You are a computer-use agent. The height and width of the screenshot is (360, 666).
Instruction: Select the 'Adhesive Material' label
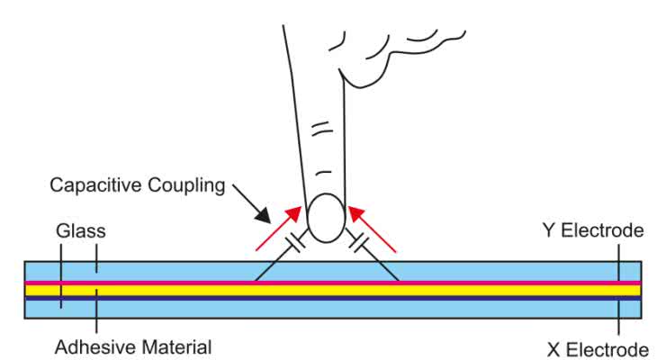pos(133,346)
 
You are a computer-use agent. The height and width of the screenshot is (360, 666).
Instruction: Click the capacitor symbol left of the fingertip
pos(295,243)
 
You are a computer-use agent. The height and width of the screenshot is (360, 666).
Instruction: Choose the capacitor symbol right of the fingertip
pos(359,243)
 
